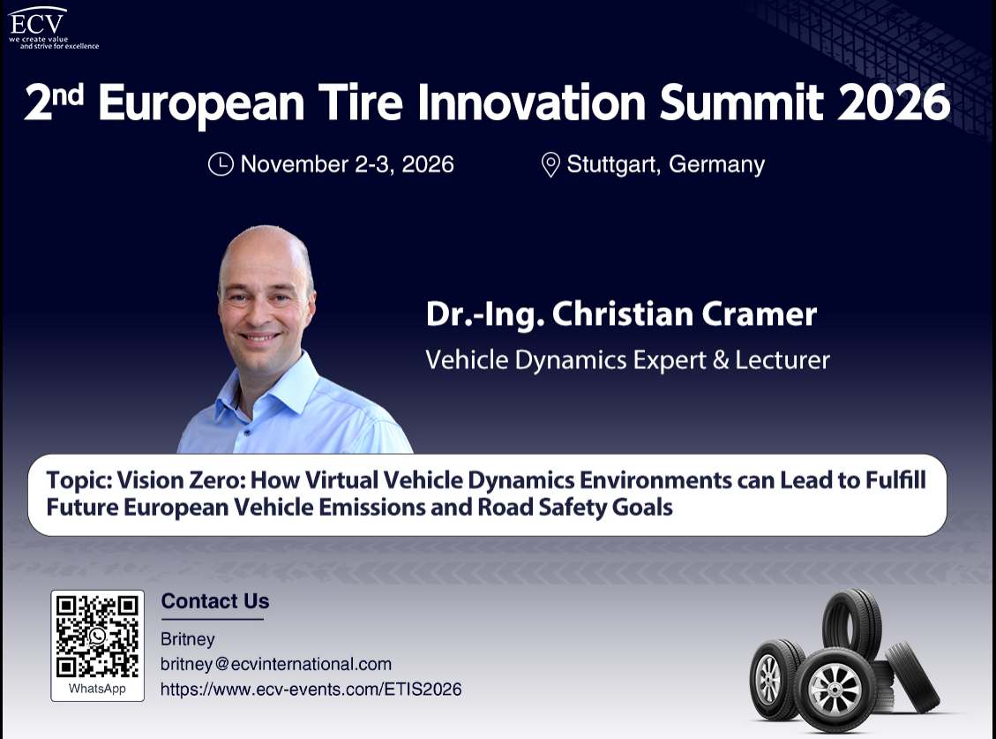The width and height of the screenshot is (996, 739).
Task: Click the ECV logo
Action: (53, 28)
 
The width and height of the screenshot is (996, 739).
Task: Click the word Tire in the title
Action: (360, 102)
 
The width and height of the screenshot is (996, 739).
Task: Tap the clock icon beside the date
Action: (221, 164)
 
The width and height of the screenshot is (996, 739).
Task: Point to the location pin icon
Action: (550, 165)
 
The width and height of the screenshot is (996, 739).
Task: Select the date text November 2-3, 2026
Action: (347, 164)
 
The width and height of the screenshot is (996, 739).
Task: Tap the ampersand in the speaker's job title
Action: (721, 360)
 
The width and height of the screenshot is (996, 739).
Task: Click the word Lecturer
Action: (783, 360)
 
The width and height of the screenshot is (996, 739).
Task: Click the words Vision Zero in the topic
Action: (181, 479)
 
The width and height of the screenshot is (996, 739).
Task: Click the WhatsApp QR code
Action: (97, 637)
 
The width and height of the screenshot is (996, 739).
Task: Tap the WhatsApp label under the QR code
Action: (97, 689)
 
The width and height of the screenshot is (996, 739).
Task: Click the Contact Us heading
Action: (215, 601)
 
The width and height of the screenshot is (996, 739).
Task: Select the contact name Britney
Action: (187, 639)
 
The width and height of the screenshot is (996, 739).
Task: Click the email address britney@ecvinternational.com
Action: (275, 664)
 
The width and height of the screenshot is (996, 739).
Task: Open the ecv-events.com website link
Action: (311, 690)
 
